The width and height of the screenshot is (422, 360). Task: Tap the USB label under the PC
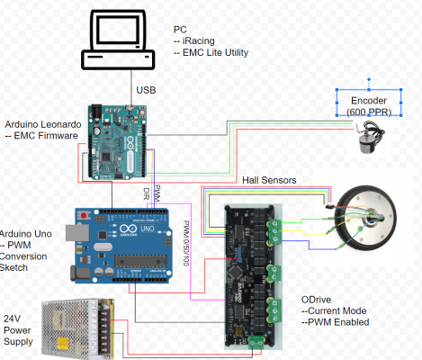pyautogui.click(x=147, y=90)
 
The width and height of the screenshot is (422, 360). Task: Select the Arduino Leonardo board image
pyautogui.click(x=118, y=139)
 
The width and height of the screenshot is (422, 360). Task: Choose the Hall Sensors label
pyautogui.click(x=270, y=181)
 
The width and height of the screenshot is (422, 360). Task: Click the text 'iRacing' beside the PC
pyautogui.click(x=201, y=40)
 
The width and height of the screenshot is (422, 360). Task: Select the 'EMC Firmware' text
pyautogui.click(x=45, y=136)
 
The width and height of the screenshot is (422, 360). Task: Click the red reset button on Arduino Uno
pyautogui.click(x=85, y=218)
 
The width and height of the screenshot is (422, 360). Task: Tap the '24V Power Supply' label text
pyautogui.click(x=18, y=330)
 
